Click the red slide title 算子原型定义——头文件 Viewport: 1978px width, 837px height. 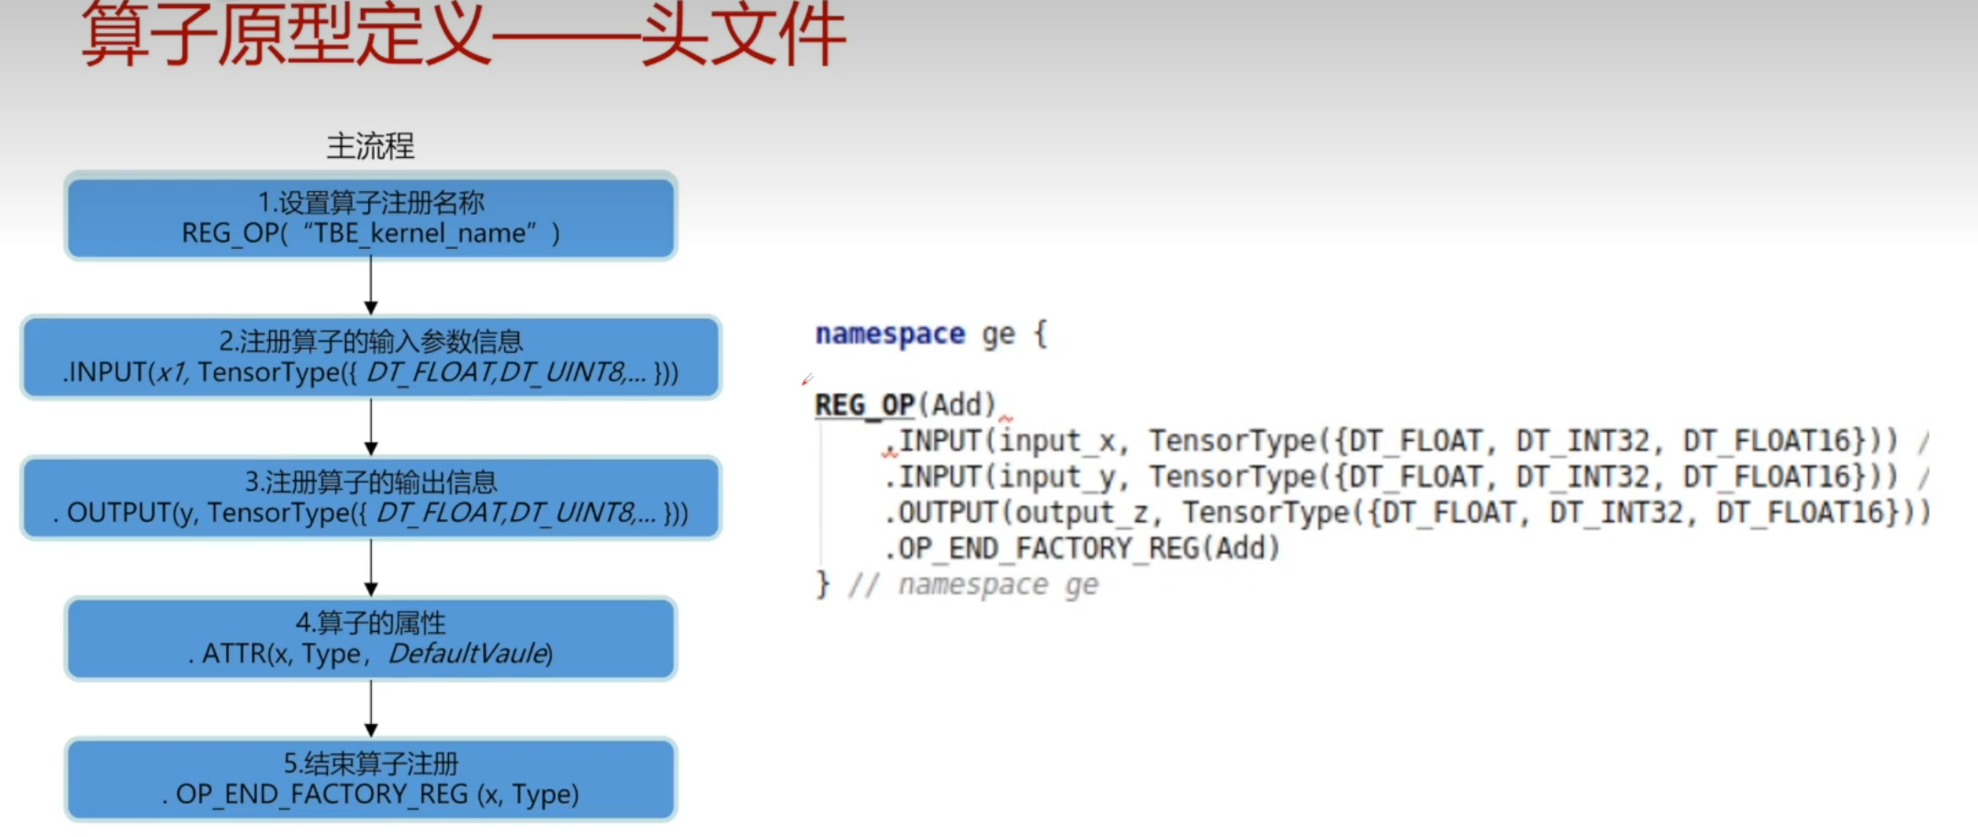point(464,35)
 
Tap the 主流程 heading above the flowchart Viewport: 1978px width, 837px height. point(370,146)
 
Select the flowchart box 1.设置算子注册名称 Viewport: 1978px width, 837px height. point(370,217)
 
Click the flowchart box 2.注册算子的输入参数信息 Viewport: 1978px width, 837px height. point(370,357)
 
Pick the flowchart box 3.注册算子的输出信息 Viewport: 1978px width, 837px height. point(370,498)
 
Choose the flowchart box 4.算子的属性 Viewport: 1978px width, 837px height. point(370,639)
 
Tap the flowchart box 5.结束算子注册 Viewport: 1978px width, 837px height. point(370,779)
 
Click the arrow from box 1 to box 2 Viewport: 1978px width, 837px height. point(371,287)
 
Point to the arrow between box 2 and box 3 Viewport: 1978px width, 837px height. point(371,427)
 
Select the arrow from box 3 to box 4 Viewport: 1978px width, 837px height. point(371,568)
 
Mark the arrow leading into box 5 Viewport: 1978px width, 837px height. point(371,708)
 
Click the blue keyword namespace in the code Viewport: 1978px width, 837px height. point(890,334)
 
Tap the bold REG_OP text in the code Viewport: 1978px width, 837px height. point(864,405)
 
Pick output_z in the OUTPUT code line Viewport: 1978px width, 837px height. point(1081,513)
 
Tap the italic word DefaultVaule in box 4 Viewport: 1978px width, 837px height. point(469,653)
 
